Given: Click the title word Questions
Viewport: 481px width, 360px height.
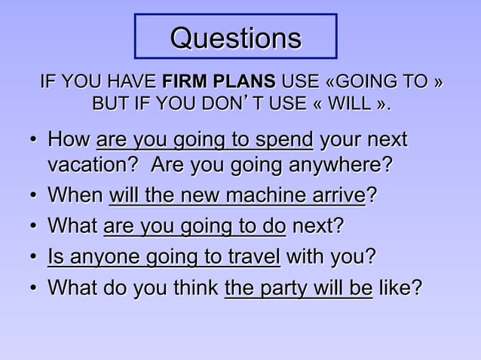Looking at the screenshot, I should coord(235,38).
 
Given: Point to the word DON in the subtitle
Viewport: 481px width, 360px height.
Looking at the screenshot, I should coord(223,102).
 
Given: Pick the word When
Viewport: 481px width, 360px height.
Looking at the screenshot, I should coord(75,196).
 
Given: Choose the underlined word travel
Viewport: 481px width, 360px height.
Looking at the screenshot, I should coord(253,257).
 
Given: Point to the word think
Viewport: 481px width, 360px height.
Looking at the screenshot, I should coord(189,288).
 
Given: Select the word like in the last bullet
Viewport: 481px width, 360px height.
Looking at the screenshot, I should coord(399,288).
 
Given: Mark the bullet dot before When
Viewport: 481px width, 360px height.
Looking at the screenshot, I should coord(35,197).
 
